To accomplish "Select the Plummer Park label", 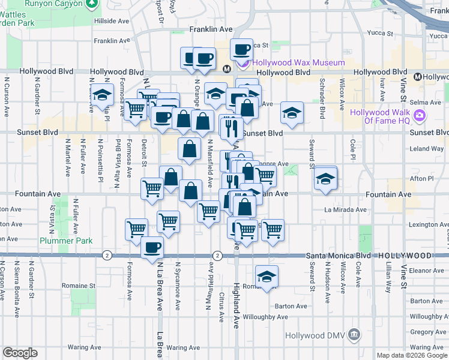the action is click(65, 241).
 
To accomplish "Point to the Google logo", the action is click(20, 353).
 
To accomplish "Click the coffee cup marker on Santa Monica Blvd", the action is click(152, 247).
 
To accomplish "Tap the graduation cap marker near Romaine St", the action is click(267, 277).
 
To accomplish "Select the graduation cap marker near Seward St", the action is click(325, 179).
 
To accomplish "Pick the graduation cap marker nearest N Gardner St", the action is click(103, 95).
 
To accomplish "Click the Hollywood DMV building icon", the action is click(355, 334).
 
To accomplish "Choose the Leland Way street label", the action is click(427, 148).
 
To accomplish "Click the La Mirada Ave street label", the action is click(345, 210).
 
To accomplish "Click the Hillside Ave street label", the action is click(112, 20).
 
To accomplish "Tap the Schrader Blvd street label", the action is click(322, 90).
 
